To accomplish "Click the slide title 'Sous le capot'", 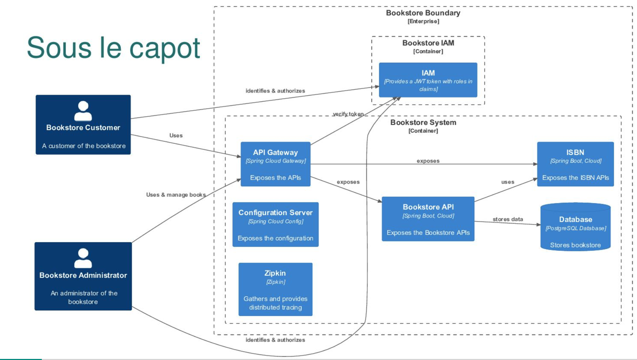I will coord(113,48).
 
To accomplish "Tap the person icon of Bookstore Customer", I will coord(83,111).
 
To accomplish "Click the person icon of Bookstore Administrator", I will coord(83,258).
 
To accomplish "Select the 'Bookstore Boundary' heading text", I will coord(423,13).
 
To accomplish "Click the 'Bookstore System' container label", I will coord(423,123).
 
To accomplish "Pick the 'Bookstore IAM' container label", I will coord(428,43).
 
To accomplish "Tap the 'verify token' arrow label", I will coord(348,114).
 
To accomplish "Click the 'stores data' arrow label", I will coord(508,219).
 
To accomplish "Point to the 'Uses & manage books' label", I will coord(176,195).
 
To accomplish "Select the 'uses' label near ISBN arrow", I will coord(508,182).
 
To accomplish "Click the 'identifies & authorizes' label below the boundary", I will coord(275,340).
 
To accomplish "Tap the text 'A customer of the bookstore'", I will coord(84,146).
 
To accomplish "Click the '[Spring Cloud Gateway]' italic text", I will coord(275,161).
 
